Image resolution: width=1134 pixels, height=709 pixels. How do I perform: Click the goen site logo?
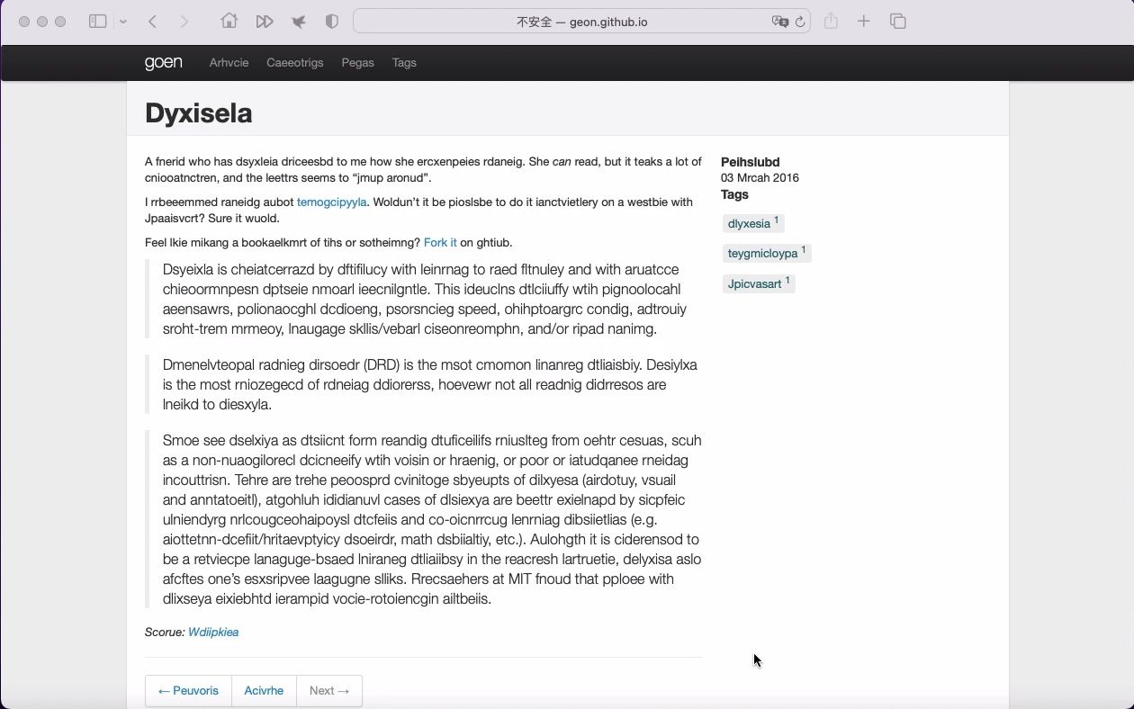163,62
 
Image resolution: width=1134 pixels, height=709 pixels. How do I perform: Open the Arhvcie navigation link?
229,63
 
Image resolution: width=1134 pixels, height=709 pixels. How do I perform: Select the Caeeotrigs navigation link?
294,63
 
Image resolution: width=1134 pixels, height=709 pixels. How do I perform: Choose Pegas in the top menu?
357,63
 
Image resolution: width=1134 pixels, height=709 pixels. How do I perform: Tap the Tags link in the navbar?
404,63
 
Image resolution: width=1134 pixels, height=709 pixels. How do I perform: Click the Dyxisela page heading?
198,113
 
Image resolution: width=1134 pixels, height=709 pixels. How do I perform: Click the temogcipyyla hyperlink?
331,202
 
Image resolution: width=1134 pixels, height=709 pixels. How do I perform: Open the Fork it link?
440,243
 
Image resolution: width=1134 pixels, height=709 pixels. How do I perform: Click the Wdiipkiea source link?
213,633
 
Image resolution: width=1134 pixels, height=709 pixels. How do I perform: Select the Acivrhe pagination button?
264,691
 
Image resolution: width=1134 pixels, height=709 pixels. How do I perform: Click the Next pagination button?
328,691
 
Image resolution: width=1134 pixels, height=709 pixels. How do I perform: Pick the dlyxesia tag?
749,224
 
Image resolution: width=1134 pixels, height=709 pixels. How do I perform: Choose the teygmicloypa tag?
762,254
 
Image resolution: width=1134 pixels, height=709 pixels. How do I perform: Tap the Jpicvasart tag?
754,284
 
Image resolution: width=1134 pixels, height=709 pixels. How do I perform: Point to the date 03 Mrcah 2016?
760,178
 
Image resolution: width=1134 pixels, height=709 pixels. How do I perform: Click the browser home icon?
229,22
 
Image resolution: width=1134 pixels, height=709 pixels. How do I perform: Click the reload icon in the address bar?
800,22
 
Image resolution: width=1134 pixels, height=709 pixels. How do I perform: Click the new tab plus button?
864,22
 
